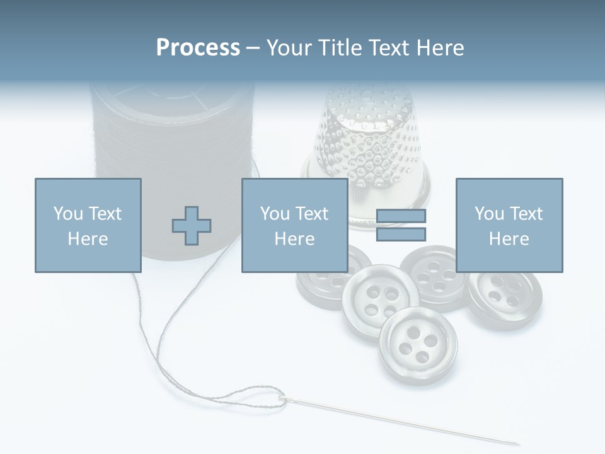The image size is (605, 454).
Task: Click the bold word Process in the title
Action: [x=198, y=48]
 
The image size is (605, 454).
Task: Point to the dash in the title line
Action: [x=253, y=49]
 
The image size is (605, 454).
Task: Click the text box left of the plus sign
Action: [x=88, y=225]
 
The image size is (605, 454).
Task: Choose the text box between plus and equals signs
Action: [x=294, y=225]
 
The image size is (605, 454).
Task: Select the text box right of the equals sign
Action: [x=509, y=225]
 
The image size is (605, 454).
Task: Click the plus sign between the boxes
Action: [x=192, y=225]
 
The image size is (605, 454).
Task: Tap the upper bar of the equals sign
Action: [x=401, y=216]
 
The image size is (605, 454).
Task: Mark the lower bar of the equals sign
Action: [x=401, y=235]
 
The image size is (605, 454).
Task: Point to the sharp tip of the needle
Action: [x=518, y=443]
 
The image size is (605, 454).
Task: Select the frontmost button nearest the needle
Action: [x=418, y=346]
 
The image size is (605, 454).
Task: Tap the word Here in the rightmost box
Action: [x=509, y=239]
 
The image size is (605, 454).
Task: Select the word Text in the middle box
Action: [x=311, y=213]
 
